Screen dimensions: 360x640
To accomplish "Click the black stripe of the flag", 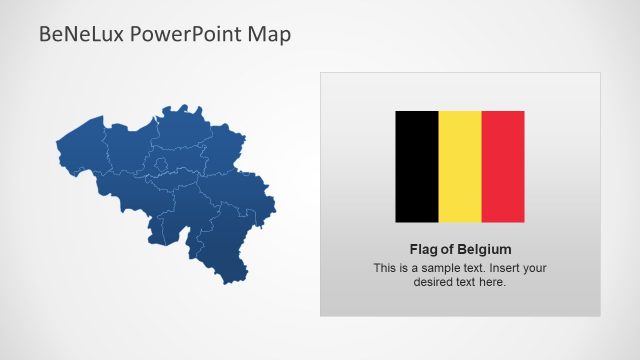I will [417, 166].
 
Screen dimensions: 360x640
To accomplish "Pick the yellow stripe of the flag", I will [460, 166].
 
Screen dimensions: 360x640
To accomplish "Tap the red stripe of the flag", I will [503, 166].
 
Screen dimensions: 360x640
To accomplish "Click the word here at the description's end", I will [493, 282].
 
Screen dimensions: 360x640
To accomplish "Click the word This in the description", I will [386, 268].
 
